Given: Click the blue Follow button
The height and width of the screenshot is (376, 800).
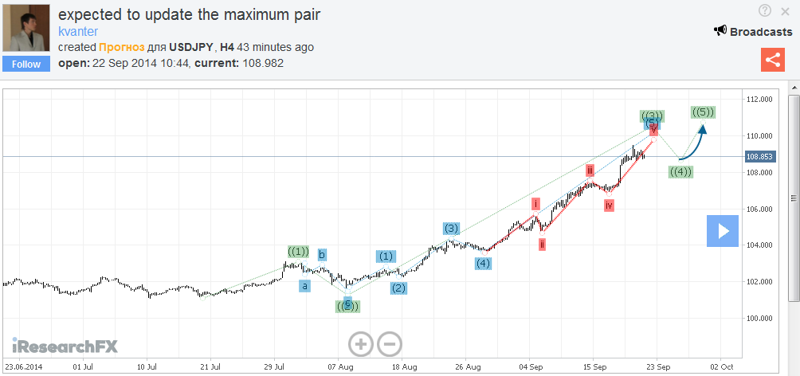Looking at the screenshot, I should pyautogui.click(x=26, y=65).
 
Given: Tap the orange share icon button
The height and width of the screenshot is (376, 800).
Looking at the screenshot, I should pyautogui.click(x=772, y=60).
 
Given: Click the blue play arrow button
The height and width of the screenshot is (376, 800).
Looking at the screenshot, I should pyautogui.click(x=723, y=231).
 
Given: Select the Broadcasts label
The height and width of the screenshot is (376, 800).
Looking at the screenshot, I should pyautogui.click(x=753, y=32).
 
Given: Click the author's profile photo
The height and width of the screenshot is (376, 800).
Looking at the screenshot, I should pyautogui.click(x=27, y=29).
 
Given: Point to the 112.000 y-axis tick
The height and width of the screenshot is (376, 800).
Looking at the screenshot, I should pyautogui.click(x=759, y=100).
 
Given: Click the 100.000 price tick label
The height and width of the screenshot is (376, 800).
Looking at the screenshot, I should pyautogui.click(x=759, y=319).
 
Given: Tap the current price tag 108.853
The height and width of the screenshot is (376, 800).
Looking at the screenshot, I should pyautogui.click(x=759, y=156).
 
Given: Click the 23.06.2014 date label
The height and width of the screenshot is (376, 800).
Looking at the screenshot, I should pyautogui.click(x=22, y=367).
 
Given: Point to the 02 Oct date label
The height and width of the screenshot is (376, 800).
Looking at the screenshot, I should pyautogui.click(x=722, y=367).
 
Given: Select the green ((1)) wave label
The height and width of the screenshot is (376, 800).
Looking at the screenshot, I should pyautogui.click(x=297, y=252).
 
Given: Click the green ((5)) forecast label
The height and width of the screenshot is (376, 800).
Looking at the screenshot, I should pyautogui.click(x=703, y=112).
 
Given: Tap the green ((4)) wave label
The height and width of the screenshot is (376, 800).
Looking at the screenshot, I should pyautogui.click(x=680, y=171).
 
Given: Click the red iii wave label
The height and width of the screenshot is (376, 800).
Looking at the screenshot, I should pyautogui.click(x=590, y=170).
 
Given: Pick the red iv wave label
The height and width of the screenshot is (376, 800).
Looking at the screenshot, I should pyautogui.click(x=609, y=206).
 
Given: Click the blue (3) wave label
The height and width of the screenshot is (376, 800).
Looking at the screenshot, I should pyautogui.click(x=451, y=229).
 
